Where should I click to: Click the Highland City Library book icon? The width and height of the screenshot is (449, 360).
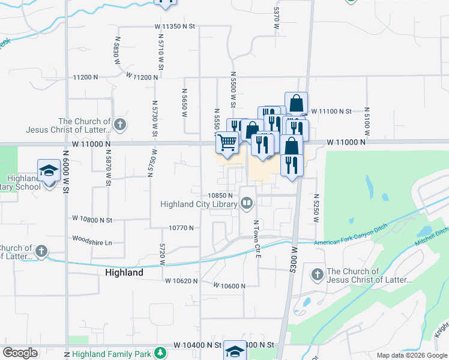(247, 205)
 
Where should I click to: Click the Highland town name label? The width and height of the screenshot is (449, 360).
(124, 272)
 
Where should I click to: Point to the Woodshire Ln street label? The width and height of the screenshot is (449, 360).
(92, 242)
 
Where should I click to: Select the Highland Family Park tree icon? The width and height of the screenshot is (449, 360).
(160, 353)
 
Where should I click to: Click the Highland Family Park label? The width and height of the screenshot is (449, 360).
(111, 354)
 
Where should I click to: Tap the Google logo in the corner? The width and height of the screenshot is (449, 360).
(20, 353)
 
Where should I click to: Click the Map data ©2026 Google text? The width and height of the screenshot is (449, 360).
(411, 355)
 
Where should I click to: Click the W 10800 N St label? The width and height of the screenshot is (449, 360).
(92, 220)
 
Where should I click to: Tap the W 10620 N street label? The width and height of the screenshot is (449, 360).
(182, 281)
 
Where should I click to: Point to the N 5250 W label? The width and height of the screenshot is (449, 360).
(316, 208)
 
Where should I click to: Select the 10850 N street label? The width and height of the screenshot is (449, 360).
(220, 196)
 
